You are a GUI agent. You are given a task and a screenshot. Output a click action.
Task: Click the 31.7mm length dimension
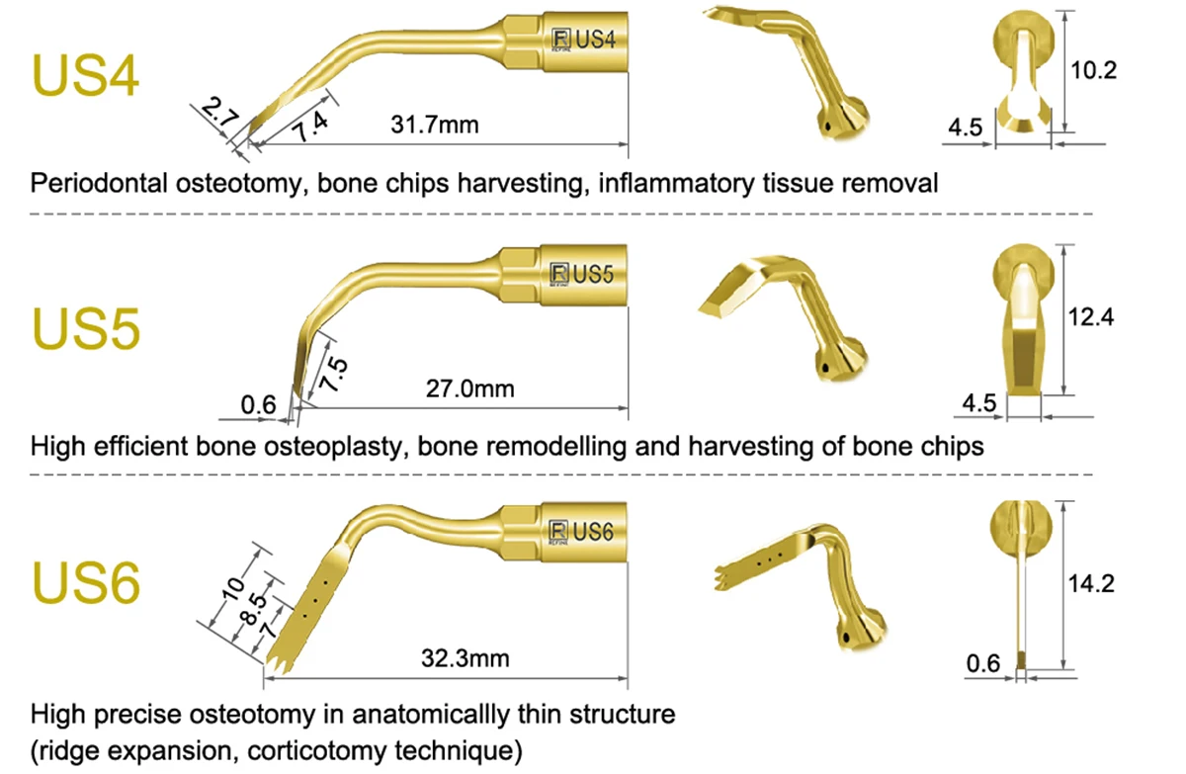(x=435, y=125)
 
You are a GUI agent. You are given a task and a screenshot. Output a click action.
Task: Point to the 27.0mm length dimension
(x=470, y=387)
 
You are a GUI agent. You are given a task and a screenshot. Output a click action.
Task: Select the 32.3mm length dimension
(x=465, y=657)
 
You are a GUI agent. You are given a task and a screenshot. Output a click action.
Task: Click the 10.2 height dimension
(x=1094, y=70)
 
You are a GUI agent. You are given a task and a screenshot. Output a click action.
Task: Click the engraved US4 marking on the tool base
(x=596, y=41)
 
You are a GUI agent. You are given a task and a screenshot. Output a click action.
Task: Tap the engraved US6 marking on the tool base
(x=596, y=533)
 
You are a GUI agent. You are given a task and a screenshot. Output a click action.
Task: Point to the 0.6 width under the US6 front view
(x=983, y=663)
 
